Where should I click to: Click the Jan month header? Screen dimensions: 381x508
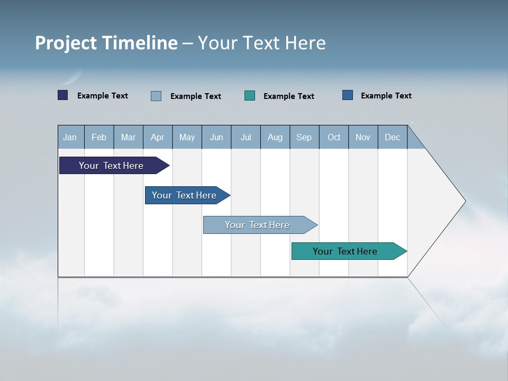[70, 138]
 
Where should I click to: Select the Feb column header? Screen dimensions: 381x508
[99, 138]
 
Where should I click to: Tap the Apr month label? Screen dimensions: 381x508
[158, 138]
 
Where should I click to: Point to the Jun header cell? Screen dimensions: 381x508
[216, 138]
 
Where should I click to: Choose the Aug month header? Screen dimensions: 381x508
[275, 138]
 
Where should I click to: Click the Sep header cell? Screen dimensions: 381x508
[304, 138]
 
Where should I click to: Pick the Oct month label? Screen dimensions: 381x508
[334, 138]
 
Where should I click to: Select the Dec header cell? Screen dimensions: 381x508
[393, 138]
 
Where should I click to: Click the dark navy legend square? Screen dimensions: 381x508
[63, 95]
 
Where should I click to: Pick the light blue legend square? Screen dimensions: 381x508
[156, 96]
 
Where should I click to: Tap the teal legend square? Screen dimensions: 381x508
[250, 96]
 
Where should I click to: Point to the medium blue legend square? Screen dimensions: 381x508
[348, 95]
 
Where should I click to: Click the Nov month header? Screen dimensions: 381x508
[363, 138]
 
